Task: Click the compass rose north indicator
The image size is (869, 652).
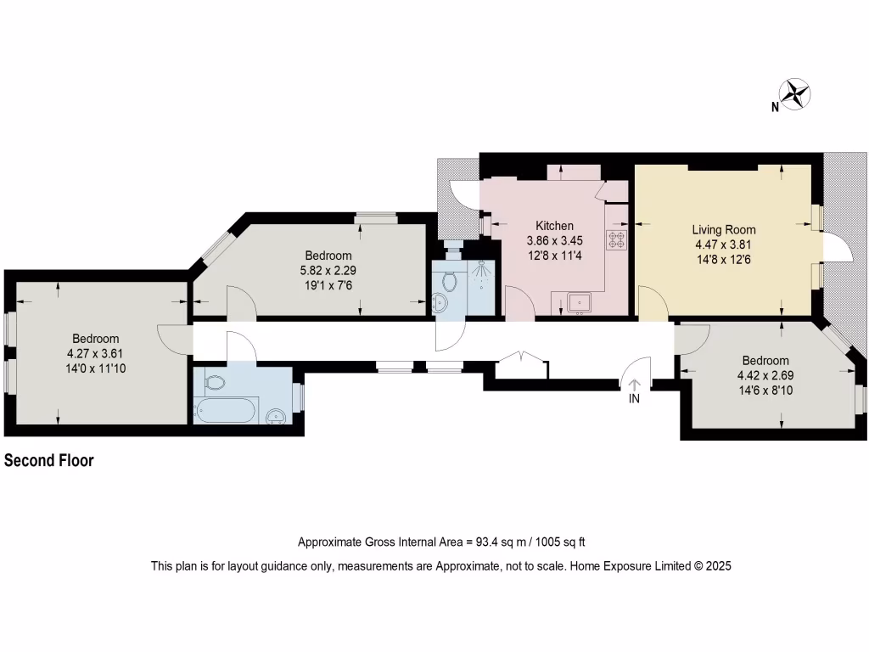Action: tap(796, 94)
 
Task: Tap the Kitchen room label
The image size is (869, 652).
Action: tap(554, 226)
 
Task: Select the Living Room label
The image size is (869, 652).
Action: tap(723, 229)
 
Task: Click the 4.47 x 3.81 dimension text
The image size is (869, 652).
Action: tap(723, 244)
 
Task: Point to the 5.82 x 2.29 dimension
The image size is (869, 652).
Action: tap(328, 271)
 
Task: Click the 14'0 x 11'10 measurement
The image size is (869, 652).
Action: tap(95, 368)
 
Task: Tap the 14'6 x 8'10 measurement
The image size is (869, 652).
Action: tap(765, 391)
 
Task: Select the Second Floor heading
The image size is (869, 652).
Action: tap(49, 461)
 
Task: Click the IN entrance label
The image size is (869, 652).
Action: tap(634, 399)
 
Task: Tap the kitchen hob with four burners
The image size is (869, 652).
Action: tap(615, 240)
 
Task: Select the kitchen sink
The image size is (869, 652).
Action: tap(581, 301)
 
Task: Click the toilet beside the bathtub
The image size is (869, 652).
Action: tap(216, 383)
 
